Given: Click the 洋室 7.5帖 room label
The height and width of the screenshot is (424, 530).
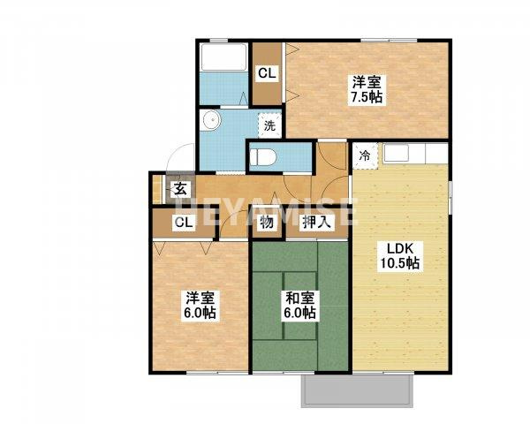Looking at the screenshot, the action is coord(367,89).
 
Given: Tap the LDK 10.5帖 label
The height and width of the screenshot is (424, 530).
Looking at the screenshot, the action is coord(400,255).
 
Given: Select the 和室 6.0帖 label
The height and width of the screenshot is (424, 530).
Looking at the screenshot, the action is coord(300,306).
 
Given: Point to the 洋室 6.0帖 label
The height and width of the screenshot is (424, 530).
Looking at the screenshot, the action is coord(201,306).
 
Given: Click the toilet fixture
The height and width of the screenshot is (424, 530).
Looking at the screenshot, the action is coord(263,157).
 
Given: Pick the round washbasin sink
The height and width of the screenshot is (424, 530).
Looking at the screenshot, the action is coord(211,120).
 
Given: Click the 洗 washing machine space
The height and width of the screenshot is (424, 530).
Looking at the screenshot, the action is coord(269,125).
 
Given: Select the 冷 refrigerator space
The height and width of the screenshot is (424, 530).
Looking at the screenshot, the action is coord(365,155).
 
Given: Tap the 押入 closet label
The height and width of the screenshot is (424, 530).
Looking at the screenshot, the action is coord(316,223).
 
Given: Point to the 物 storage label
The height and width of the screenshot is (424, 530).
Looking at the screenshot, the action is coord(267,223).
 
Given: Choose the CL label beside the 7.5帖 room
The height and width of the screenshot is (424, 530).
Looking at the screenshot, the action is coord(268,73).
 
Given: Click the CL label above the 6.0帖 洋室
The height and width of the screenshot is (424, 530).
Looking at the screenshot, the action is coord(185,223).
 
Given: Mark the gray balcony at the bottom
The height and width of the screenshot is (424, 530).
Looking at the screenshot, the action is coord(358,390).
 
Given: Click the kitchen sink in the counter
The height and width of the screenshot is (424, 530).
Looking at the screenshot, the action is coord(396,154).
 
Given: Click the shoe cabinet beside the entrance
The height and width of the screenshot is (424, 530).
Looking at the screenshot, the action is coord(157,189).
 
